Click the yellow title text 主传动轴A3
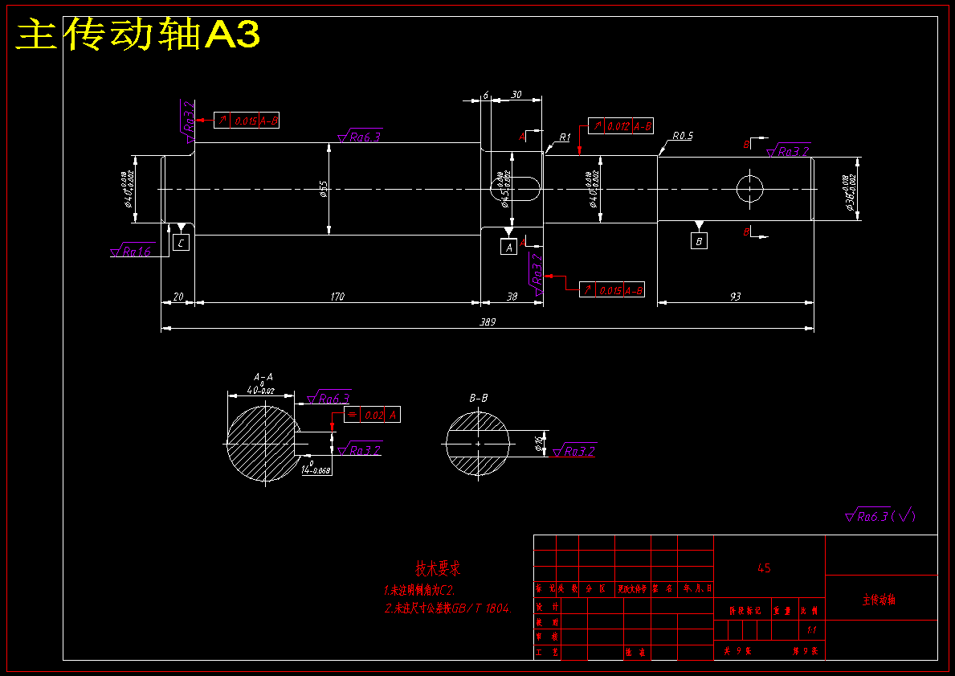[138, 35]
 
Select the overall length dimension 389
[488, 322]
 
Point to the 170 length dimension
[337, 297]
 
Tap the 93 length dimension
[735, 297]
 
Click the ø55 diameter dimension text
[324, 189]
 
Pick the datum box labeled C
[182, 242]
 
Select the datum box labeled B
[699, 241]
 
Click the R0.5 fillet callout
[683, 136]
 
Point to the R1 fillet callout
[565, 137]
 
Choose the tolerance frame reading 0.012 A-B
[620, 126]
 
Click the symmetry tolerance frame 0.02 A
[372, 415]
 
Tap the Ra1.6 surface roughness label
[134, 252]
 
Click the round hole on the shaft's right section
[749, 189]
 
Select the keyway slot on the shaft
[515, 189]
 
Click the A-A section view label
[263, 376]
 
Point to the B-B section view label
[479, 398]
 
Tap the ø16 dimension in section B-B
[540, 441]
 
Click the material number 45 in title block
[764, 568]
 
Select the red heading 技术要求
[438, 569]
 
